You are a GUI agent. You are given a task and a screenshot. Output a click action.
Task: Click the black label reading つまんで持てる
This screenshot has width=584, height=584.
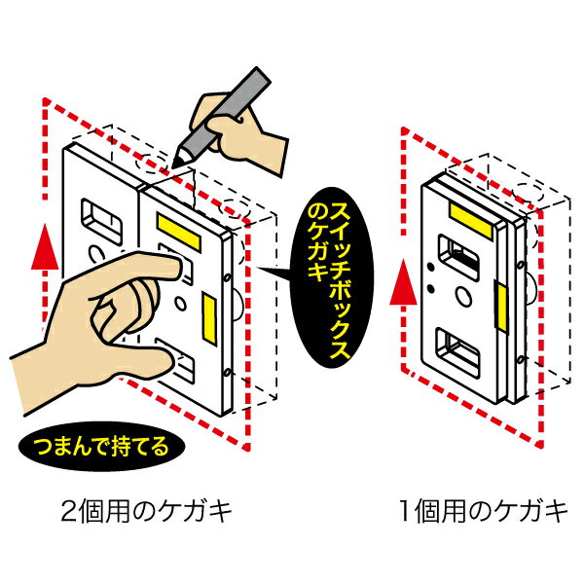tap(101, 447)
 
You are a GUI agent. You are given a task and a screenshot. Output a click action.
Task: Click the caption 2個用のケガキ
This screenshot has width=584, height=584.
tap(146, 511)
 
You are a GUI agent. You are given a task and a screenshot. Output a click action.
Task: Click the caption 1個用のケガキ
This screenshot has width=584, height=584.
tap(483, 511)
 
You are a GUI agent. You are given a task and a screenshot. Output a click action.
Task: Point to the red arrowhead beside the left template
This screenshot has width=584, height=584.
tap(45, 246)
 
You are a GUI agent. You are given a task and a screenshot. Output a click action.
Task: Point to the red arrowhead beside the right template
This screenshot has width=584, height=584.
tap(403, 283)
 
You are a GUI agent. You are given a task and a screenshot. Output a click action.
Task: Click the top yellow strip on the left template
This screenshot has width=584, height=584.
tap(179, 232)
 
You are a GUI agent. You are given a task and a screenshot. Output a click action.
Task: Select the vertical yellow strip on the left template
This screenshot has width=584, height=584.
tap(209, 317)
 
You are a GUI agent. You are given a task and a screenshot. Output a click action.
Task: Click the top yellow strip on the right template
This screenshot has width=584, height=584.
tap(471, 220)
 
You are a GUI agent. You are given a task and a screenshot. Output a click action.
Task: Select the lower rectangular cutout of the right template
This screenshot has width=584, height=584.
tap(457, 351)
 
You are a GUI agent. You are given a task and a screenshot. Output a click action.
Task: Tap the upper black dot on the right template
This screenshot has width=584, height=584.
tap(430, 267)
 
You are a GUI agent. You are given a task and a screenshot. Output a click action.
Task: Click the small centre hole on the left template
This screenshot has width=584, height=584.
tap(180, 304)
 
